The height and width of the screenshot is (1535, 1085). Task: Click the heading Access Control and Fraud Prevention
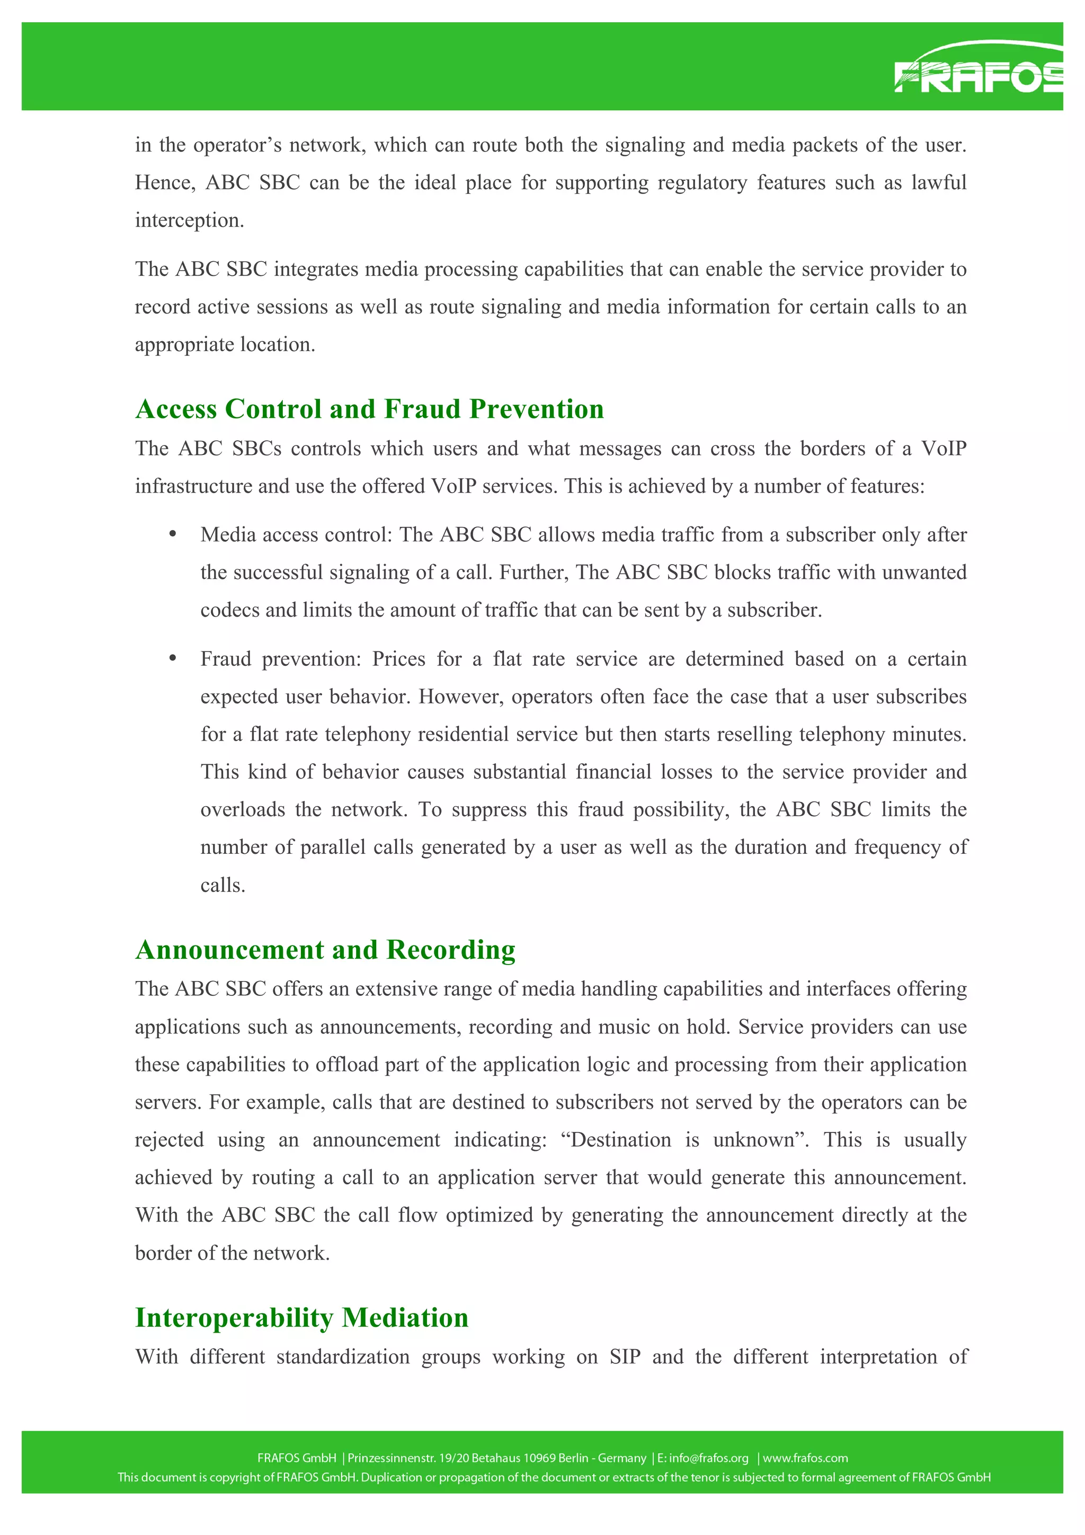click(x=369, y=408)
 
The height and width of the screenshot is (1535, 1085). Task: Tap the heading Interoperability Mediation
click(x=301, y=1317)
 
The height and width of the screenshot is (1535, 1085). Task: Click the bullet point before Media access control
click(x=173, y=533)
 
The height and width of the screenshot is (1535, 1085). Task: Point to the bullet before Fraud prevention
click(x=173, y=658)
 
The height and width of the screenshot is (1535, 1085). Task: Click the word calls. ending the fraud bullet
click(x=223, y=885)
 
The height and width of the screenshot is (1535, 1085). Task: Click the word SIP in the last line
click(x=625, y=1356)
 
